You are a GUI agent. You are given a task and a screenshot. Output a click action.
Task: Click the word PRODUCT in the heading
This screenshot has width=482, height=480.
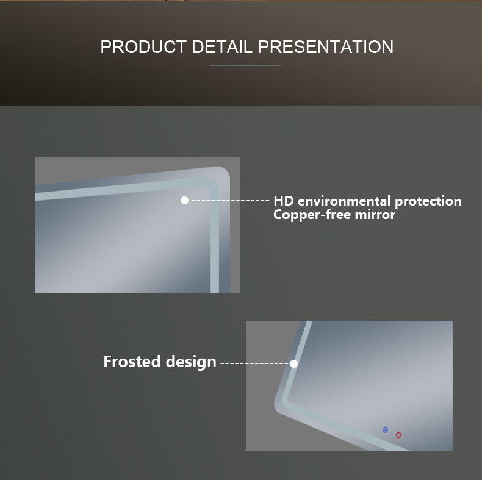(x=143, y=47)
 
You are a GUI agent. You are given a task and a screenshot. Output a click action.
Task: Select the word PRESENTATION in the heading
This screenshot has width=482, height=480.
(x=326, y=47)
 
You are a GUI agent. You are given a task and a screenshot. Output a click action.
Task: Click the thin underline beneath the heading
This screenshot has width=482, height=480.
(x=245, y=65)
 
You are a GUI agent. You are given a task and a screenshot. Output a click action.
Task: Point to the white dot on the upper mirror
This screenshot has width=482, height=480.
(x=184, y=201)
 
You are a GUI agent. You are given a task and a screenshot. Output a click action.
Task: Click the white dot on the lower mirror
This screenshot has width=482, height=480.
(x=294, y=364)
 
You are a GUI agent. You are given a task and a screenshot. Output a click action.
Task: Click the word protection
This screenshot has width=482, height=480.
(x=428, y=202)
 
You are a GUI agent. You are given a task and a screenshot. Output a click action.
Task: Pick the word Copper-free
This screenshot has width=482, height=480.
(x=312, y=215)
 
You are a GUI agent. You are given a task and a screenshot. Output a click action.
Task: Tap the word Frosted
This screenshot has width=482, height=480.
(x=132, y=362)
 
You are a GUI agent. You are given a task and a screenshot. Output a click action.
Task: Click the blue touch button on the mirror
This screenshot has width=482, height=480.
(x=385, y=429)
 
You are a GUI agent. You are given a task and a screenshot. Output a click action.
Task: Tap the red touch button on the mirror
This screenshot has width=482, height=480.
(x=398, y=435)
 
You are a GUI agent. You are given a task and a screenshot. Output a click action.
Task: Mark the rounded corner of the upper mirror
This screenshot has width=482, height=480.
(x=224, y=173)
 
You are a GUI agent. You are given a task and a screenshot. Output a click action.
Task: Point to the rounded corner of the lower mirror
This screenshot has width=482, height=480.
(x=278, y=407)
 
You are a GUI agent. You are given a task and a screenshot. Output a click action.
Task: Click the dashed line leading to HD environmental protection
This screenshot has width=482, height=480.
(x=230, y=201)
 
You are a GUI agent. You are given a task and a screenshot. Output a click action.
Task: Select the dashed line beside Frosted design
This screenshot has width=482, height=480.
(x=255, y=364)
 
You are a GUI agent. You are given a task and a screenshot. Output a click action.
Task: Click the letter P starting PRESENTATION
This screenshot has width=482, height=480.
(x=263, y=47)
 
